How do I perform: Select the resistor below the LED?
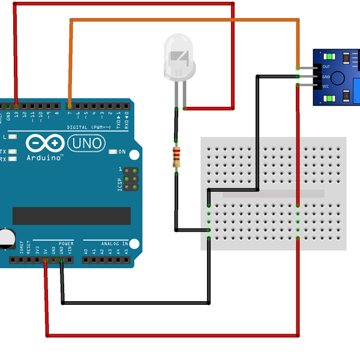click(176, 157)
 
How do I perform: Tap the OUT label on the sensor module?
click(326, 67)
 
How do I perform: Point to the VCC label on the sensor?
click(326, 86)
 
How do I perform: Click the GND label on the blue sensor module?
click(326, 77)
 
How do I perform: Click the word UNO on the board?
click(87, 143)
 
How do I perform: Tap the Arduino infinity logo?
click(44, 144)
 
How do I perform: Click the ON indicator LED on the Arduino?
click(113, 151)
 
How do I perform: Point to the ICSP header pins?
click(131, 179)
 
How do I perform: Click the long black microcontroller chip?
click(71, 215)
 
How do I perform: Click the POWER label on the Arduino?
click(66, 244)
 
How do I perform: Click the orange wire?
click(180, 20)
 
